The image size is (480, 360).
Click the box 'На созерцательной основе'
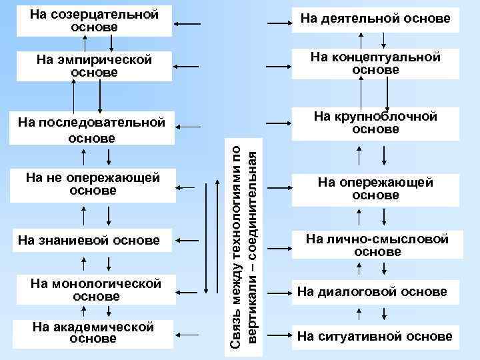95,21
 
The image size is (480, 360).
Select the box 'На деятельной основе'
375,19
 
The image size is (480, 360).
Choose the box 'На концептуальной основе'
375,63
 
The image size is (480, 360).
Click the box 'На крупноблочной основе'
375,123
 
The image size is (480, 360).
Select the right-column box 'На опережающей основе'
375,189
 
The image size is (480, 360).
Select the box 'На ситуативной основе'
375,336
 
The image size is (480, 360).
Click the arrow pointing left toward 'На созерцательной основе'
189,25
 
